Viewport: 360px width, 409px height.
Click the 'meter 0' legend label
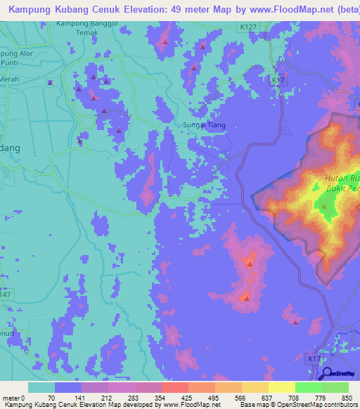[x=14, y=397]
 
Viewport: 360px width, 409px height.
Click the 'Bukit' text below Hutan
[x=335, y=189]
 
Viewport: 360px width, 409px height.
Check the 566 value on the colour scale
[x=240, y=397]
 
